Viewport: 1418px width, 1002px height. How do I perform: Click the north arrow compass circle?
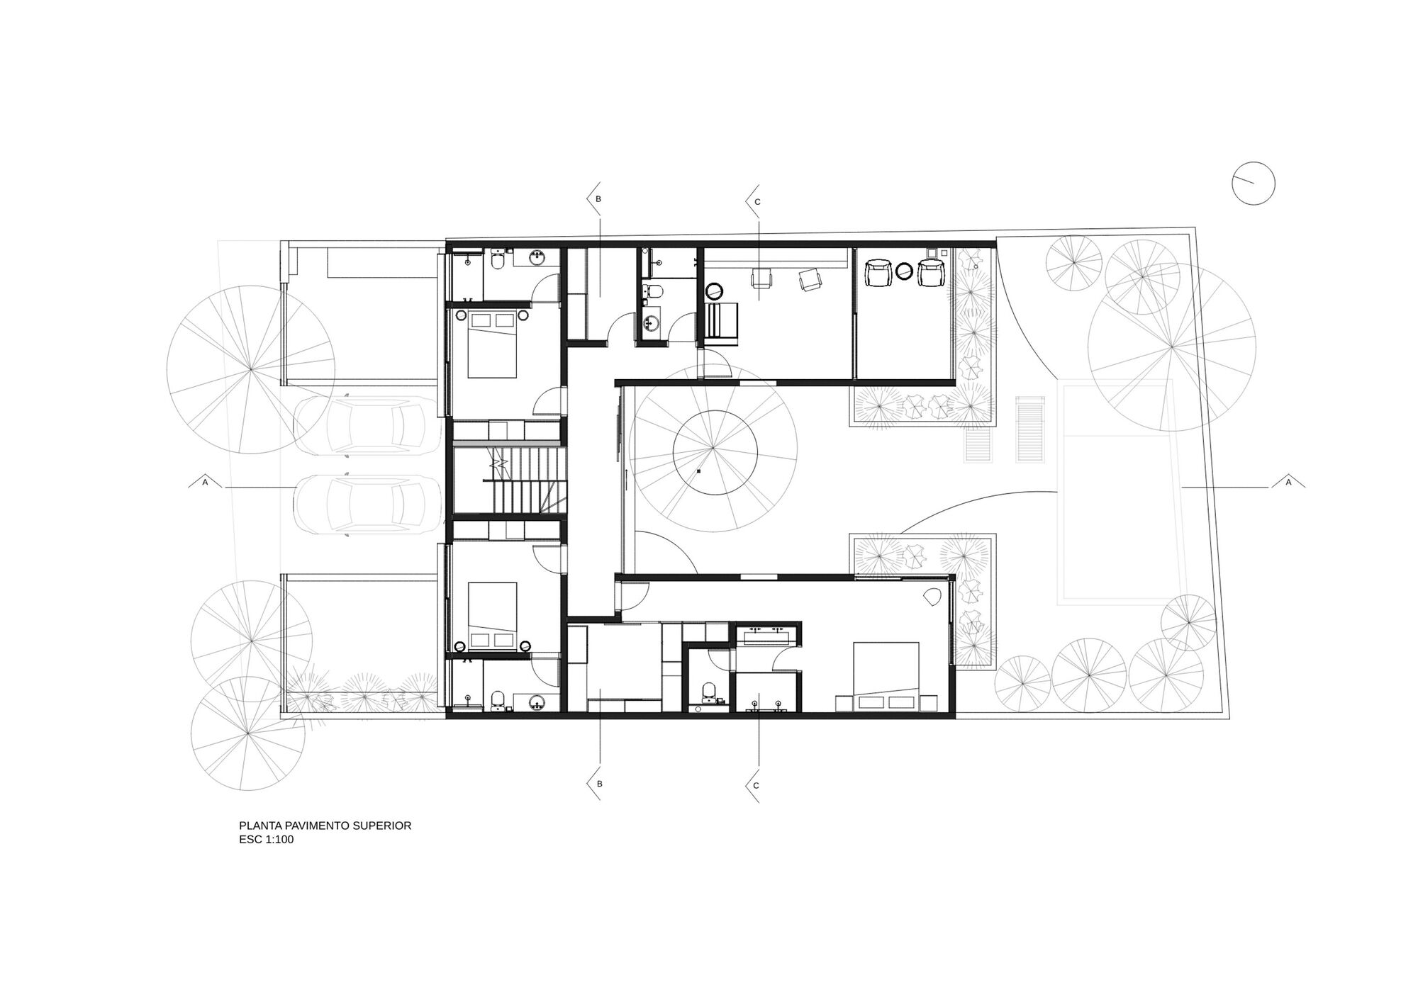[1254, 184]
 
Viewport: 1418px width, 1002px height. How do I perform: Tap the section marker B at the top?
[598, 200]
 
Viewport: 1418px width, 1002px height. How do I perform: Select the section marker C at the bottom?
[756, 785]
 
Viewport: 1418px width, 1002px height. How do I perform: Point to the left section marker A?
[205, 482]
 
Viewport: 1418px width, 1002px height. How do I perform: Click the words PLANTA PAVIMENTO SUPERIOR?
[325, 826]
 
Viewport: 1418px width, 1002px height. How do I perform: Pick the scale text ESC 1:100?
[267, 840]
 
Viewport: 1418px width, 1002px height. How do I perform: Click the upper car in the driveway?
[365, 424]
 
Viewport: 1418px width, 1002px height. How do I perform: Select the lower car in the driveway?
[365, 503]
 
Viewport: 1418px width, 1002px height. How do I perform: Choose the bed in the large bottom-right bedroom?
[886, 669]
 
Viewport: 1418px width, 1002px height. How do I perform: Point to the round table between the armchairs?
[905, 272]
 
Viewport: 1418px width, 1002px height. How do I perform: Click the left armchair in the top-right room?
[878, 273]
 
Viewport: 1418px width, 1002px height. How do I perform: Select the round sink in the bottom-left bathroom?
[537, 702]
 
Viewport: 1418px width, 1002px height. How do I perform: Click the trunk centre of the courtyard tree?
[714, 451]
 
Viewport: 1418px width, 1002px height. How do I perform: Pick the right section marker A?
[1288, 482]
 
